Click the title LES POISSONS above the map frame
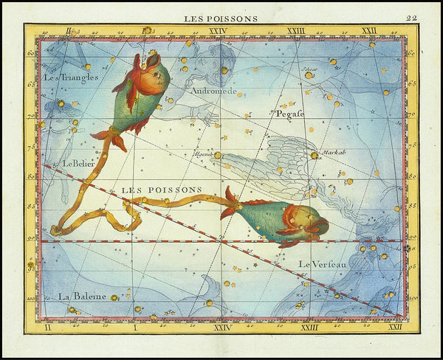[x=221, y=17]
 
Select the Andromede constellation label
[x=213, y=91]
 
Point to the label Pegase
[x=290, y=114]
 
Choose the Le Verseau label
[x=323, y=263]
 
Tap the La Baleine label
[x=82, y=296]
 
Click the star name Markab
[x=334, y=152]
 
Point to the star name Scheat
[x=310, y=69]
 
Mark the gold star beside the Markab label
[x=315, y=156]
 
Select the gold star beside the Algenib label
[x=218, y=156]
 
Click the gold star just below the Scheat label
[x=309, y=75]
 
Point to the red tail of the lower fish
[x=230, y=203]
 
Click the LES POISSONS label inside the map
[x=161, y=190]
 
